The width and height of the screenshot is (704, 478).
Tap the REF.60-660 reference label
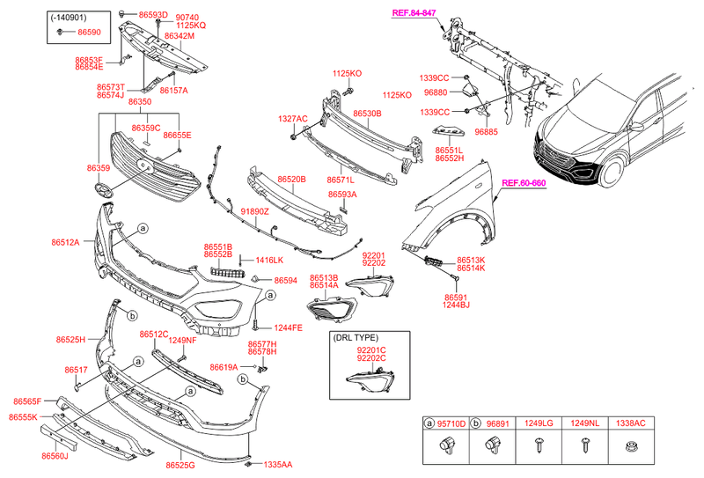524,183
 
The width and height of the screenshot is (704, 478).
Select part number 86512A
65,242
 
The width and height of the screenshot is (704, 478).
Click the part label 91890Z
254,212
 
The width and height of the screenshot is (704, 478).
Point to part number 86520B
291,180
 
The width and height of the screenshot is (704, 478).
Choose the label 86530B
367,114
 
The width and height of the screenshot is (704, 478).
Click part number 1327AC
293,118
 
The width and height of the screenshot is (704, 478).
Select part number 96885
487,132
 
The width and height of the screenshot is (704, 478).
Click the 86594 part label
285,281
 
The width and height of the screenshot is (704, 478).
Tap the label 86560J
54,456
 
